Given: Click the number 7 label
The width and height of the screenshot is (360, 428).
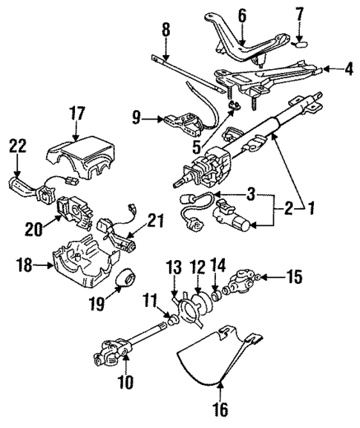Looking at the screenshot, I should (299, 14).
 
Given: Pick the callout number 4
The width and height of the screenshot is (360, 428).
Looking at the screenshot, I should (349, 71).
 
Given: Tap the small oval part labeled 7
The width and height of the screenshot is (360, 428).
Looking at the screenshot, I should (299, 43).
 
